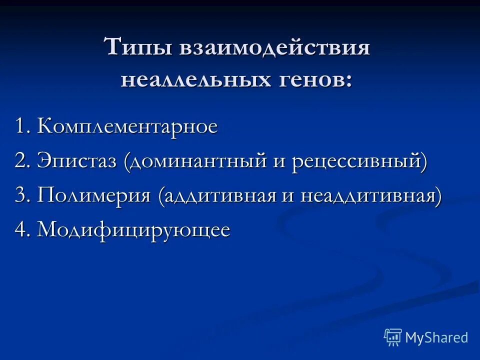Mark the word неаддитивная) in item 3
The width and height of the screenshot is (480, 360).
(371, 195)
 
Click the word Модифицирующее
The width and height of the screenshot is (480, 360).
(133, 230)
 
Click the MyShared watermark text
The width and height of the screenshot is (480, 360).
(436, 337)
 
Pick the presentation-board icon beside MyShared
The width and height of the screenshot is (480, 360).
(393, 337)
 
